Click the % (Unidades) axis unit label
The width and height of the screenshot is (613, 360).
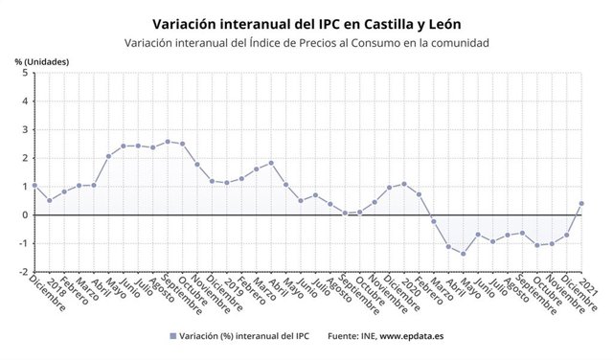click(x=41, y=61)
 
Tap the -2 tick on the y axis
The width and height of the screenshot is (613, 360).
click(x=22, y=271)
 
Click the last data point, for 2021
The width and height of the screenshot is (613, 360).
click(x=581, y=203)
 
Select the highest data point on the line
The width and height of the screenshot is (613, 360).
click(x=168, y=142)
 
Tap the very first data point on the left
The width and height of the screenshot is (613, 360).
click(x=34, y=186)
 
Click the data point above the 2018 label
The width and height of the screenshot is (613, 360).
click(x=49, y=200)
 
